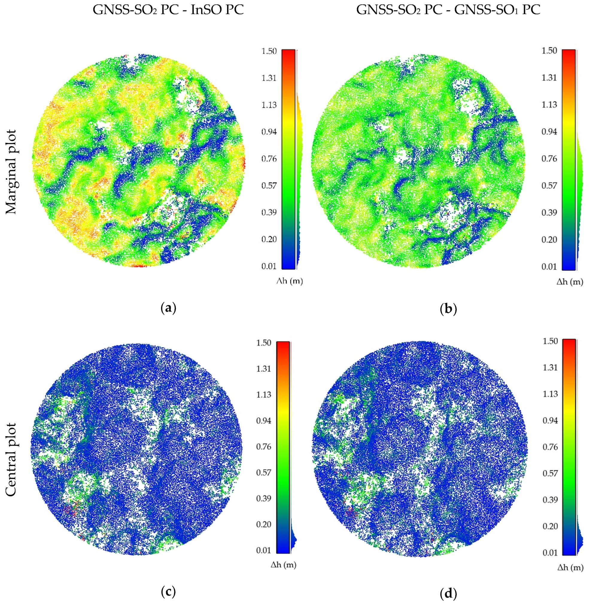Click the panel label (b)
[x=448, y=309]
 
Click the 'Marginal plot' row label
[x=11, y=172]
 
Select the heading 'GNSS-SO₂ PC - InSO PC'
[x=168, y=10]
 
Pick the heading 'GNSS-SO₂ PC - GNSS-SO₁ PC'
[x=448, y=10]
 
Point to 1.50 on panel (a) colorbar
[x=269, y=51]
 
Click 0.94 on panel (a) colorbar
[x=269, y=132]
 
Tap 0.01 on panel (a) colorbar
[x=269, y=266]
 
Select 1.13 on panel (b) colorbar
[x=549, y=104]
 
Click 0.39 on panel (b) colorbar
[x=549, y=212]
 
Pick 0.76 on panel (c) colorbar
[x=263, y=447]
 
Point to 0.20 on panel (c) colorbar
[x=263, y=525]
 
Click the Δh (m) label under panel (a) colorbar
[x=289, y=282]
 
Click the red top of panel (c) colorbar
[x=283, y=344]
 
